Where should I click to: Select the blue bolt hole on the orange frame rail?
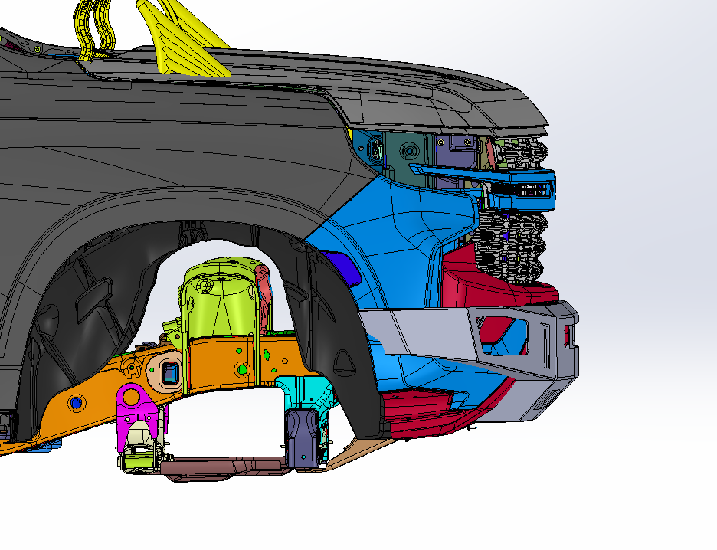(x=76, y=401)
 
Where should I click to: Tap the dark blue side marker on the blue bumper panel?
(x=341, y=265)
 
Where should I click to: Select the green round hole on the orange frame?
(x=243, y=369)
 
